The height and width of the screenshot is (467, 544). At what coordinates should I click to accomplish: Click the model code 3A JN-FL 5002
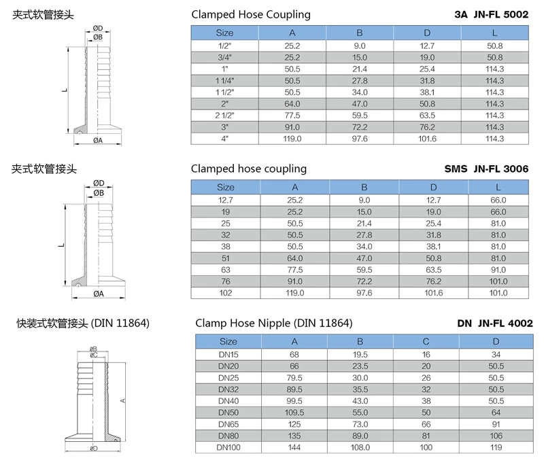click(x=491, y=14)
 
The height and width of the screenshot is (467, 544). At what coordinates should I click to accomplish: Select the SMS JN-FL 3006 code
click(x=488, y=169)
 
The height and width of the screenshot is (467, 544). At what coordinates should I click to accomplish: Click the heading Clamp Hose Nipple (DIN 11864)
click(x=273, y=323)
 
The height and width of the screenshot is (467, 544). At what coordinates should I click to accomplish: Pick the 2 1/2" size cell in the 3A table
click(x=224, y=116)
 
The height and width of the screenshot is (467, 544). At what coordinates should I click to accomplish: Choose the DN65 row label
click(x=228, y=423)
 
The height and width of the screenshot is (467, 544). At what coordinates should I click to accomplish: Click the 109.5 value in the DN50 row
click(x=294, y=412)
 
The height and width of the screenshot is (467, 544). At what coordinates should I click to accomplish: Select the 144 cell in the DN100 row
click(x=294, y=448)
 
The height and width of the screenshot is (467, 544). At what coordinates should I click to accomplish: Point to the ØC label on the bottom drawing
click(x=94, y=355)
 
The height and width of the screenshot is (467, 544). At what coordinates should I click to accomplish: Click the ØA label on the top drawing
click(x=98, y=141)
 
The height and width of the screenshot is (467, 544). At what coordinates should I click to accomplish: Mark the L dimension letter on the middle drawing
click(x=61, y=245)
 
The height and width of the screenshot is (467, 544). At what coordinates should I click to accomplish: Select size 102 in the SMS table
click(x=224, y=293)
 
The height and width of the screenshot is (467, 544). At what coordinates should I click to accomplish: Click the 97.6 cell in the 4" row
click(x=360, y=139)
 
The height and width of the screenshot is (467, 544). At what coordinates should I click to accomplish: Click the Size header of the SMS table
click(x=224, y=187)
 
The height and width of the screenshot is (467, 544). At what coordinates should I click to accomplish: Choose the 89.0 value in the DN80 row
click(x=360, y=436)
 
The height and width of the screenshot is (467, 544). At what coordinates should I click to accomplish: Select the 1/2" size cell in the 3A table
click(x=224, y=45)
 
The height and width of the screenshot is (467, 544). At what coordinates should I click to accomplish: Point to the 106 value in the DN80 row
click(x=496, y=436)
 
